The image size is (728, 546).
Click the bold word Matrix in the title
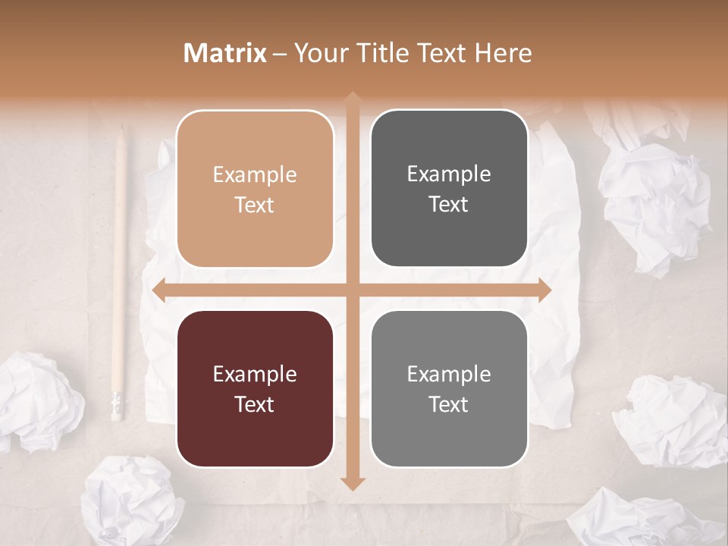coord(225,53)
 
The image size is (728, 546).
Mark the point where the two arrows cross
coord(353,290)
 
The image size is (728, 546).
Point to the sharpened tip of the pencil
coord(121,130)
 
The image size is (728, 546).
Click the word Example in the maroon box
coord(255,375)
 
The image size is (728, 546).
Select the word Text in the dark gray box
coord(449,205)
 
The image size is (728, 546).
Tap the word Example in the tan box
coord(255,175)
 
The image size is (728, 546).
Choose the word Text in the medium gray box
coord(449,405)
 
